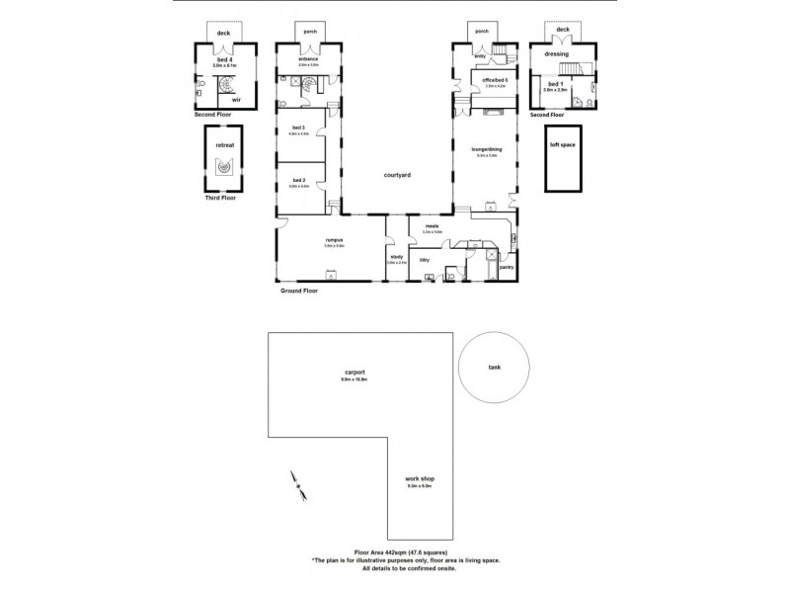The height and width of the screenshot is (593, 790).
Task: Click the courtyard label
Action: (x=397, y=175)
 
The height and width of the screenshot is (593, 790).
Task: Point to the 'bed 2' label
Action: (x=298, y=181)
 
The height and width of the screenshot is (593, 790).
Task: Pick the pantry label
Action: (x=508, y=266)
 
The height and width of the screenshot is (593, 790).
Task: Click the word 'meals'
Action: (x=432, y=226)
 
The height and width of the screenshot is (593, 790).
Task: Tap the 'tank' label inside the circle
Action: (x=494, y=367)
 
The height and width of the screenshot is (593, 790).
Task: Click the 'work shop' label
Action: (x=421, y=478)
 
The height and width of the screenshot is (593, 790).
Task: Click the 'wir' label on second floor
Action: (x=236, y=99)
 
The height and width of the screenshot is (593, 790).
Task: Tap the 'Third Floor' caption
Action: (x=220, y=198)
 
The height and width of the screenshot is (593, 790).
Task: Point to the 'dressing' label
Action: (x=556, y=54)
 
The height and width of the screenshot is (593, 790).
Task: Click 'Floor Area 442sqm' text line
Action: (x=400, y=551)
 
